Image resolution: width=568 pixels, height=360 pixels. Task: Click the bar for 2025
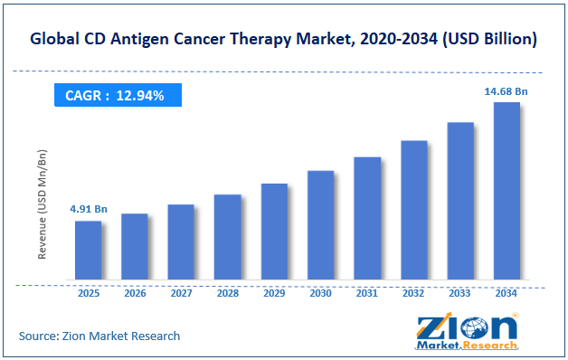pos(89,251)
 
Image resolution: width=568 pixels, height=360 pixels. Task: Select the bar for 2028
pos(228,237)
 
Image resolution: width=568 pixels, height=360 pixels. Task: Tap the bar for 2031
pos(367,218)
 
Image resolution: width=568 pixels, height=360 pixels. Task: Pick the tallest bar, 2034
pos(506,191)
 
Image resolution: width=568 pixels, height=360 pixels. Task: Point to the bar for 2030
pos(320,225)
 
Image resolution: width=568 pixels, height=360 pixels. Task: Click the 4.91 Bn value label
pos(89,209)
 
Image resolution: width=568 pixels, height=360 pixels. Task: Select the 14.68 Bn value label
pos(506,91)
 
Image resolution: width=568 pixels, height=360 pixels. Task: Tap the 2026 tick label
pos(135,293)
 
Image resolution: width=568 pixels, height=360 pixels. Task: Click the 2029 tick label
pos(274,293)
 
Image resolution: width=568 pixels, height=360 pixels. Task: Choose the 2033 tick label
pos(459,293)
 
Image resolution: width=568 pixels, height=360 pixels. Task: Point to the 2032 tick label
pos(413,293)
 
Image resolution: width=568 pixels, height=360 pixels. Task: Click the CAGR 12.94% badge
pos(118,95)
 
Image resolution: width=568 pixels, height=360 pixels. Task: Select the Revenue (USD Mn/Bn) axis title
pos(42,204)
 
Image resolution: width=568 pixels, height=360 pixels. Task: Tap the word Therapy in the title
pos(260,39)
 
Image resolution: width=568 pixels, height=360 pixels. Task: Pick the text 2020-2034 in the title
pos(399,39)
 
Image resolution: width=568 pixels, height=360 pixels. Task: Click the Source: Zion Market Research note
pos(99,336)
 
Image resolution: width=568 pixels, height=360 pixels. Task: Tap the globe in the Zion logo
pos(475,329)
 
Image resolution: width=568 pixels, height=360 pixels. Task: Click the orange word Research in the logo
pos(490,346)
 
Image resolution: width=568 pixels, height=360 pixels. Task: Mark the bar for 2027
pos(181,242)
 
